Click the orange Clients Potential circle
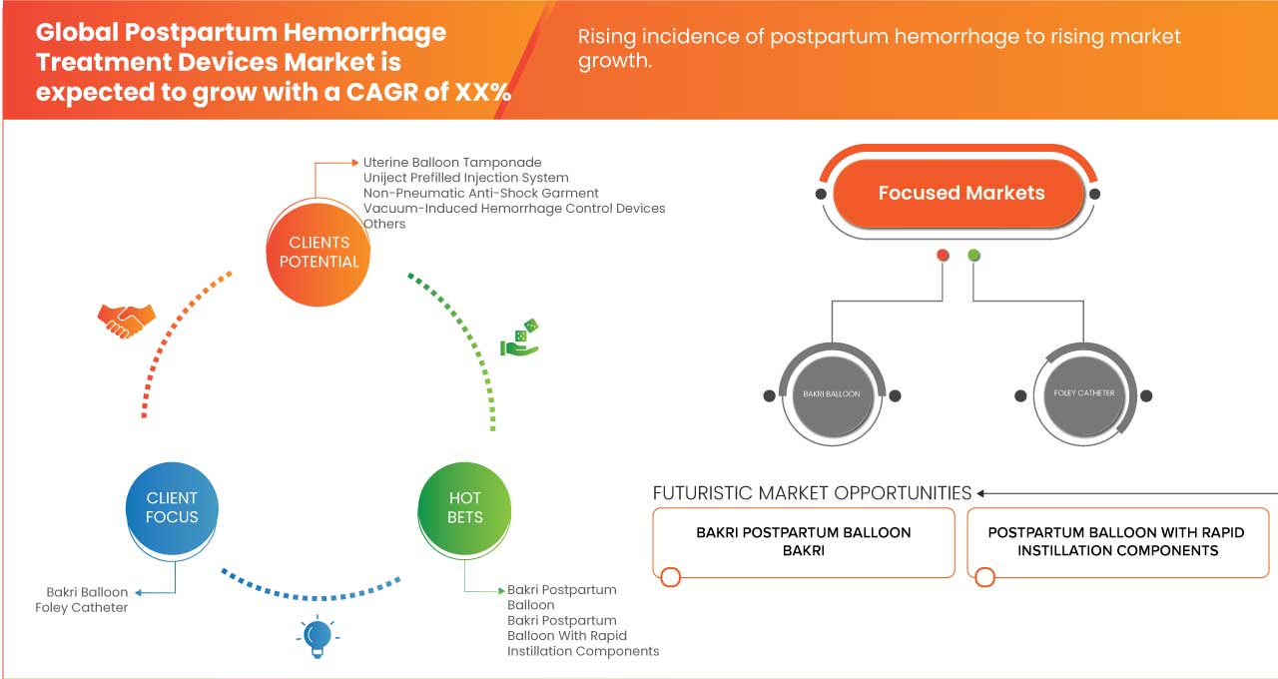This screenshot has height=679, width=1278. [319, 252]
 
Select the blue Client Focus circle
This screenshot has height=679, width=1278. [172, 507]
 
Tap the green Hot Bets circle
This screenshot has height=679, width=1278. [464, 507]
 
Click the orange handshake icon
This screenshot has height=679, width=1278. [126, 320]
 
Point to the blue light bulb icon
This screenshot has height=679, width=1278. [317, 637]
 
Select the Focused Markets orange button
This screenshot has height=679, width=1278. [959, 193]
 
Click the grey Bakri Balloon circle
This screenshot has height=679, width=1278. [832, 394]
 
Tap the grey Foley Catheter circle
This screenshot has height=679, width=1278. [1083, 393]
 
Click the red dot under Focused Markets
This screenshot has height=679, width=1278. [943, 256]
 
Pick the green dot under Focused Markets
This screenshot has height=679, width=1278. [973, 256]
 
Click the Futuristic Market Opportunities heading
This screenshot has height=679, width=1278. [812, 493]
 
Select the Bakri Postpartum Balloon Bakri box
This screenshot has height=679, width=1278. [804, 542]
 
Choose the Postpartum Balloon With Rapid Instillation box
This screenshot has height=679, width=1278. [1117, 542]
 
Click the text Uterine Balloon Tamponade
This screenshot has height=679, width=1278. [452, 162]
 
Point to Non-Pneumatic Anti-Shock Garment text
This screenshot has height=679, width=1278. [480, 193]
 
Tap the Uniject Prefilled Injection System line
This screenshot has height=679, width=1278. [465, 178]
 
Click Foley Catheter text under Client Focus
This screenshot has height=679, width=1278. [82, 607]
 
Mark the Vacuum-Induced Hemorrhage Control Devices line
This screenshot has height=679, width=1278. [513, 209]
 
